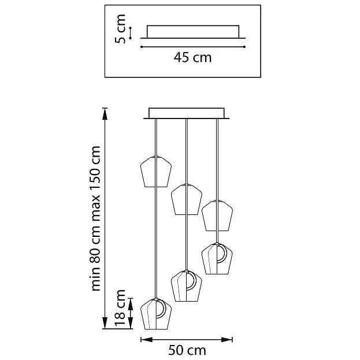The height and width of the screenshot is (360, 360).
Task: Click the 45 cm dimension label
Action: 192,57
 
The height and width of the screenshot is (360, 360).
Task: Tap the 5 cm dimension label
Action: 120,29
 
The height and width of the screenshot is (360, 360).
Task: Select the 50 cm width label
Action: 187,350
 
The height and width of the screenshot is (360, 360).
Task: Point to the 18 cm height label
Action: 120,307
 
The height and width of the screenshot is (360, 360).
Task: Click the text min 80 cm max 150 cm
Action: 95,218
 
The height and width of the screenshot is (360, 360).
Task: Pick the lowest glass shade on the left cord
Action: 156,314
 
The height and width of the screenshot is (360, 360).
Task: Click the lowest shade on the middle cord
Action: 187,286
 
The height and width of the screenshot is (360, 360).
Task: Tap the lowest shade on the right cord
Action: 217,258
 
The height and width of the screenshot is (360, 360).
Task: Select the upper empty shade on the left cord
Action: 156,172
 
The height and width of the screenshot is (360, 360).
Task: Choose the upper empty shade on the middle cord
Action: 187,199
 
